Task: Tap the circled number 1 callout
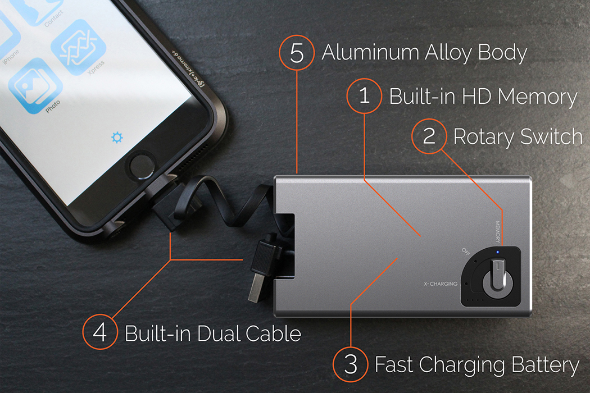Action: [x=365, y=96]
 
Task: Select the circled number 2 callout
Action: [x=429, y=136]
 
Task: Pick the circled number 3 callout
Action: [x=351, y=365]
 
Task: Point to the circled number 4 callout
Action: [x=100, y=333]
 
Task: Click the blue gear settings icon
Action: [x=117, y=137]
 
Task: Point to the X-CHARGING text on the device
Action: [x=440, y=284]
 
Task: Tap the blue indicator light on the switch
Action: [x=497, y=251]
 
